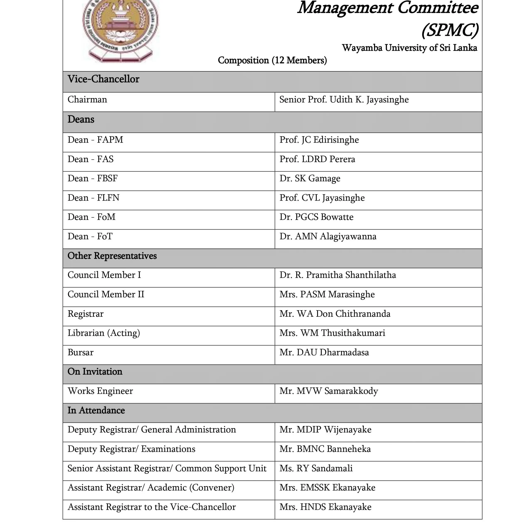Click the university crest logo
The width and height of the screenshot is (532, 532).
(x=120, y=29)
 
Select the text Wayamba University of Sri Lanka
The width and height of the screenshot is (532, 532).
(x=409, y=48)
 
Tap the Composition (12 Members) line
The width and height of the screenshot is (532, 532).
(x=272, y=60)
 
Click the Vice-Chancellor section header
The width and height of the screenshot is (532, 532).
(x=103, y=79)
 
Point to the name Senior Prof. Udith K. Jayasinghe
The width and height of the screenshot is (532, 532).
(x=344, y=100)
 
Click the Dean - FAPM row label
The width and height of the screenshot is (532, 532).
(x=95, y=140)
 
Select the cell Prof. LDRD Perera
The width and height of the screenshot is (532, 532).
(x=317, y=159)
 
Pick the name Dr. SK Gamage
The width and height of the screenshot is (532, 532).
(x=310, y=179)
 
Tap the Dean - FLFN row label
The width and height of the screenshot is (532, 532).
(x=93, y=198)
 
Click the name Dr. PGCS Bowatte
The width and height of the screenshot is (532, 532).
(x=316, y=217)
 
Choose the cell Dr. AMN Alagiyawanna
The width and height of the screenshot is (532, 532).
(x=328, y=236)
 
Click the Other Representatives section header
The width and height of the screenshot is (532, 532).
(x=112, y=256)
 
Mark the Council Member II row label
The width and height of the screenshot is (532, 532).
(x=106, y=294)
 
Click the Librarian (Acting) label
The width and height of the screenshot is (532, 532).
(x=104, y=333)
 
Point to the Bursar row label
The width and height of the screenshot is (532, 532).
(x=80, y=352)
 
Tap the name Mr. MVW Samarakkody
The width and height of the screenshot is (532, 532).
(x=329, y=391)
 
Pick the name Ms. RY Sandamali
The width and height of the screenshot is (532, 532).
(x=316, y=468)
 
